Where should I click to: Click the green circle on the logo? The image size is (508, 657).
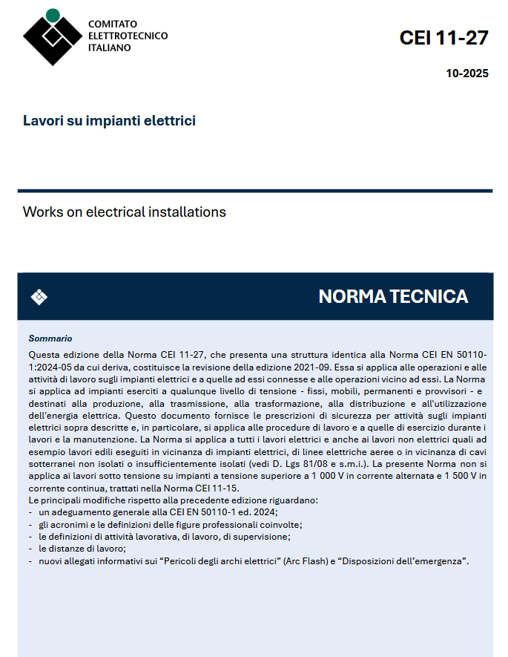(53, 14)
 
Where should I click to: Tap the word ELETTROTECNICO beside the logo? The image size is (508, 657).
(128, 36)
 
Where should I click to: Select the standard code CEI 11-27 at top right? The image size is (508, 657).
(443, 38)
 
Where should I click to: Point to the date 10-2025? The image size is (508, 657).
(467, 73)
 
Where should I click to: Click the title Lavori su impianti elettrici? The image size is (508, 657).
(109, 120)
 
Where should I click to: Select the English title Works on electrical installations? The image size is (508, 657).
(125, 212)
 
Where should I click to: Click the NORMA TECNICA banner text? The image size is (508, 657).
(393, 297)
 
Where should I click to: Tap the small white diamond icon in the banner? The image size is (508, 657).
(39, 297)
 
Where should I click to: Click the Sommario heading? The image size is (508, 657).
(50, 339)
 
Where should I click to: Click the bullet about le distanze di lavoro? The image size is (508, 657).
(82, 549)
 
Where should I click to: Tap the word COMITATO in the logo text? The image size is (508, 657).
(112, 24)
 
